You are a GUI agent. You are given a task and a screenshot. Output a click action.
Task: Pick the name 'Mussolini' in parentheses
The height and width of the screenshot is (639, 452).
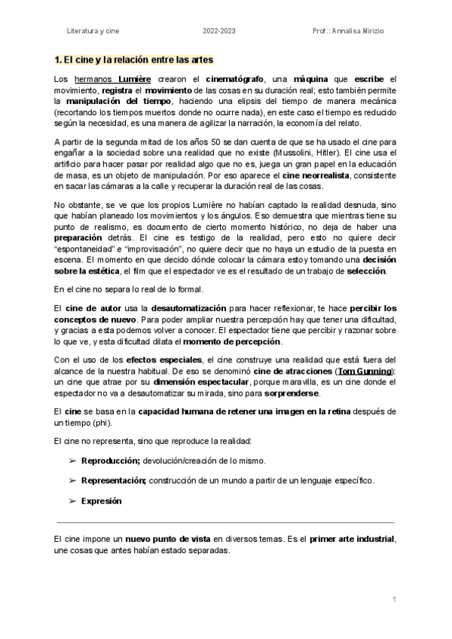click(x=295, y=151)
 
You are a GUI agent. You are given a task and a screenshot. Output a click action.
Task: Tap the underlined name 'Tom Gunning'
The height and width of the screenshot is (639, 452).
click(x=365, y=371)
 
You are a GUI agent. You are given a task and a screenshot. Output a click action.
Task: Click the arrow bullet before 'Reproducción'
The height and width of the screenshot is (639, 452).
click(x=73, y=460)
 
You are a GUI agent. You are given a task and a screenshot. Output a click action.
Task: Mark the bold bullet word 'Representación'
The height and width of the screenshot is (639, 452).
click(x=114, y=480)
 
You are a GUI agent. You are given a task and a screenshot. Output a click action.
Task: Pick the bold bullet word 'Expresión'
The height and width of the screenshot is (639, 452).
click(x=101, y=500)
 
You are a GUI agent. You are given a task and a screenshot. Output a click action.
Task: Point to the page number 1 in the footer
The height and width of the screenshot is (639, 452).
click(x=393, y=599)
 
